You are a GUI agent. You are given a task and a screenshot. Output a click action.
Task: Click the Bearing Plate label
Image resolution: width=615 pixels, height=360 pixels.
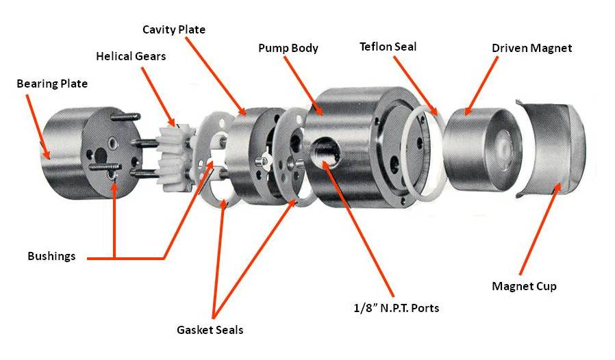pos(52,84)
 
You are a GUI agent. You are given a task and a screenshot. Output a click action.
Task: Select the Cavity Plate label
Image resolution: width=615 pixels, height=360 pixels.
pos(173,29)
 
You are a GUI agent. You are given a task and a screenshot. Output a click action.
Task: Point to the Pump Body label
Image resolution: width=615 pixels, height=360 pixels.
pos(288,49)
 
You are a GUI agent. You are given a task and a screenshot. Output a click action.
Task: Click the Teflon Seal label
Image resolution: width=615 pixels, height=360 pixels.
pos(388,47)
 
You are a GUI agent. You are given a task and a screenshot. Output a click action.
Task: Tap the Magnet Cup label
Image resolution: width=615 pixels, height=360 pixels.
pos(524,286)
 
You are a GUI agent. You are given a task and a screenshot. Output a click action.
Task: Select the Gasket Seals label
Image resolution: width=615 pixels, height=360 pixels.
pos(210,330)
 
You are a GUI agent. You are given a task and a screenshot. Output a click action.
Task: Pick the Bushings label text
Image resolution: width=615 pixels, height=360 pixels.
pos(51,257)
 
